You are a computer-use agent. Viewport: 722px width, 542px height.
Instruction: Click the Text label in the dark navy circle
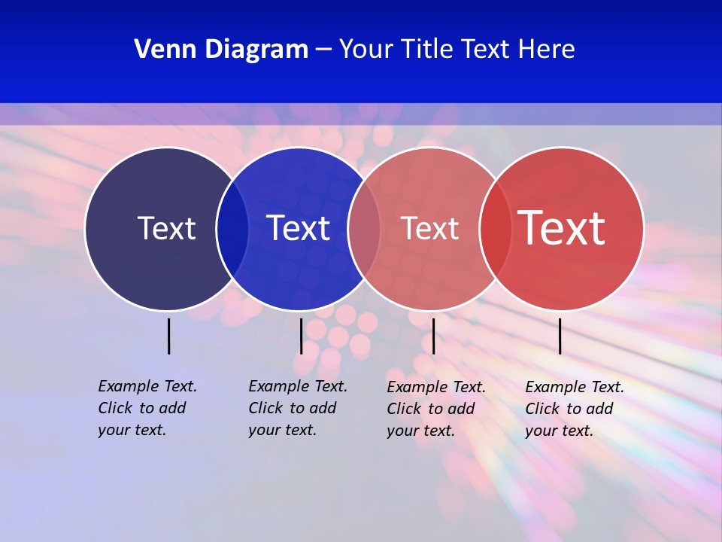tap(166, 228)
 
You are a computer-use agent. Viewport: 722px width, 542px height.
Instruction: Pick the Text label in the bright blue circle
tap(298, 228)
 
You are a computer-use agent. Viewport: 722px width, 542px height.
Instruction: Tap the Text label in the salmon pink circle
tap(429, 228)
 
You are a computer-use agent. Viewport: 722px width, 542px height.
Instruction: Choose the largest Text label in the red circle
tap(561, 228)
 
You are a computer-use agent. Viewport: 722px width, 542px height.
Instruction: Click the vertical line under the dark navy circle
tap(168, 336)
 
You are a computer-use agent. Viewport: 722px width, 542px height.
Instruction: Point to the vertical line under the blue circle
tap(301, 336)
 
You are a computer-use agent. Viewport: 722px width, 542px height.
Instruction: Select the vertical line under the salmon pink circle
tap(433, 336)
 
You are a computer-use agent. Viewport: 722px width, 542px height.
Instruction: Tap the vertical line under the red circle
tap(560, 336)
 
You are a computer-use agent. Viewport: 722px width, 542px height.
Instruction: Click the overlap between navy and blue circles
tap(232, 229)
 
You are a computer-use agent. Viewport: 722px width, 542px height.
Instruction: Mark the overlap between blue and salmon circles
tap(364, 229)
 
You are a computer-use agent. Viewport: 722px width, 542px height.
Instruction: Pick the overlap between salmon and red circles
tap(496, 229)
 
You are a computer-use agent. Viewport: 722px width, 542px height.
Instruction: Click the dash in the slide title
tap(323, 50)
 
